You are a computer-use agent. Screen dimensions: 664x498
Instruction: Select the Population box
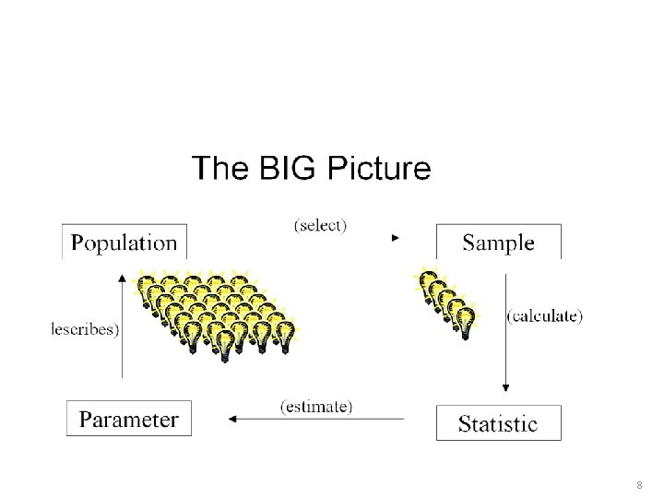(x=124, y=243)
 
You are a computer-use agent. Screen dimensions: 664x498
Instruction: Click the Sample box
(x=498, y=243)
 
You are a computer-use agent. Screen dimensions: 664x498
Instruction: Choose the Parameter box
(x=129, y=420)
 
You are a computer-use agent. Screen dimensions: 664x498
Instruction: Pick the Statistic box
(x=498, y=423)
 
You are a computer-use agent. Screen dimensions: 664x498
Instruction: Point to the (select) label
(x=320, y=225)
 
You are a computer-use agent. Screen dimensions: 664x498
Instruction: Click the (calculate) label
(x=545, y=316)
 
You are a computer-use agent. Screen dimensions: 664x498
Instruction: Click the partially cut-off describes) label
(x=84, y=329)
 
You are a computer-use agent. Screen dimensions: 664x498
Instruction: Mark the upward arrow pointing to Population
(x=123, y=323)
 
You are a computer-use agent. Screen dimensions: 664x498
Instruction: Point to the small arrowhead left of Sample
(x=395, y=238)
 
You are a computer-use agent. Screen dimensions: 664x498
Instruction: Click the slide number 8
(x=638, y=484)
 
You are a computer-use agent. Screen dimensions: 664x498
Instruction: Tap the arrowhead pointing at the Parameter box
(x=232, y=420)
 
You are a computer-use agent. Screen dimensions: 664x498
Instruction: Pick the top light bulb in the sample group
(x=428, y=278)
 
